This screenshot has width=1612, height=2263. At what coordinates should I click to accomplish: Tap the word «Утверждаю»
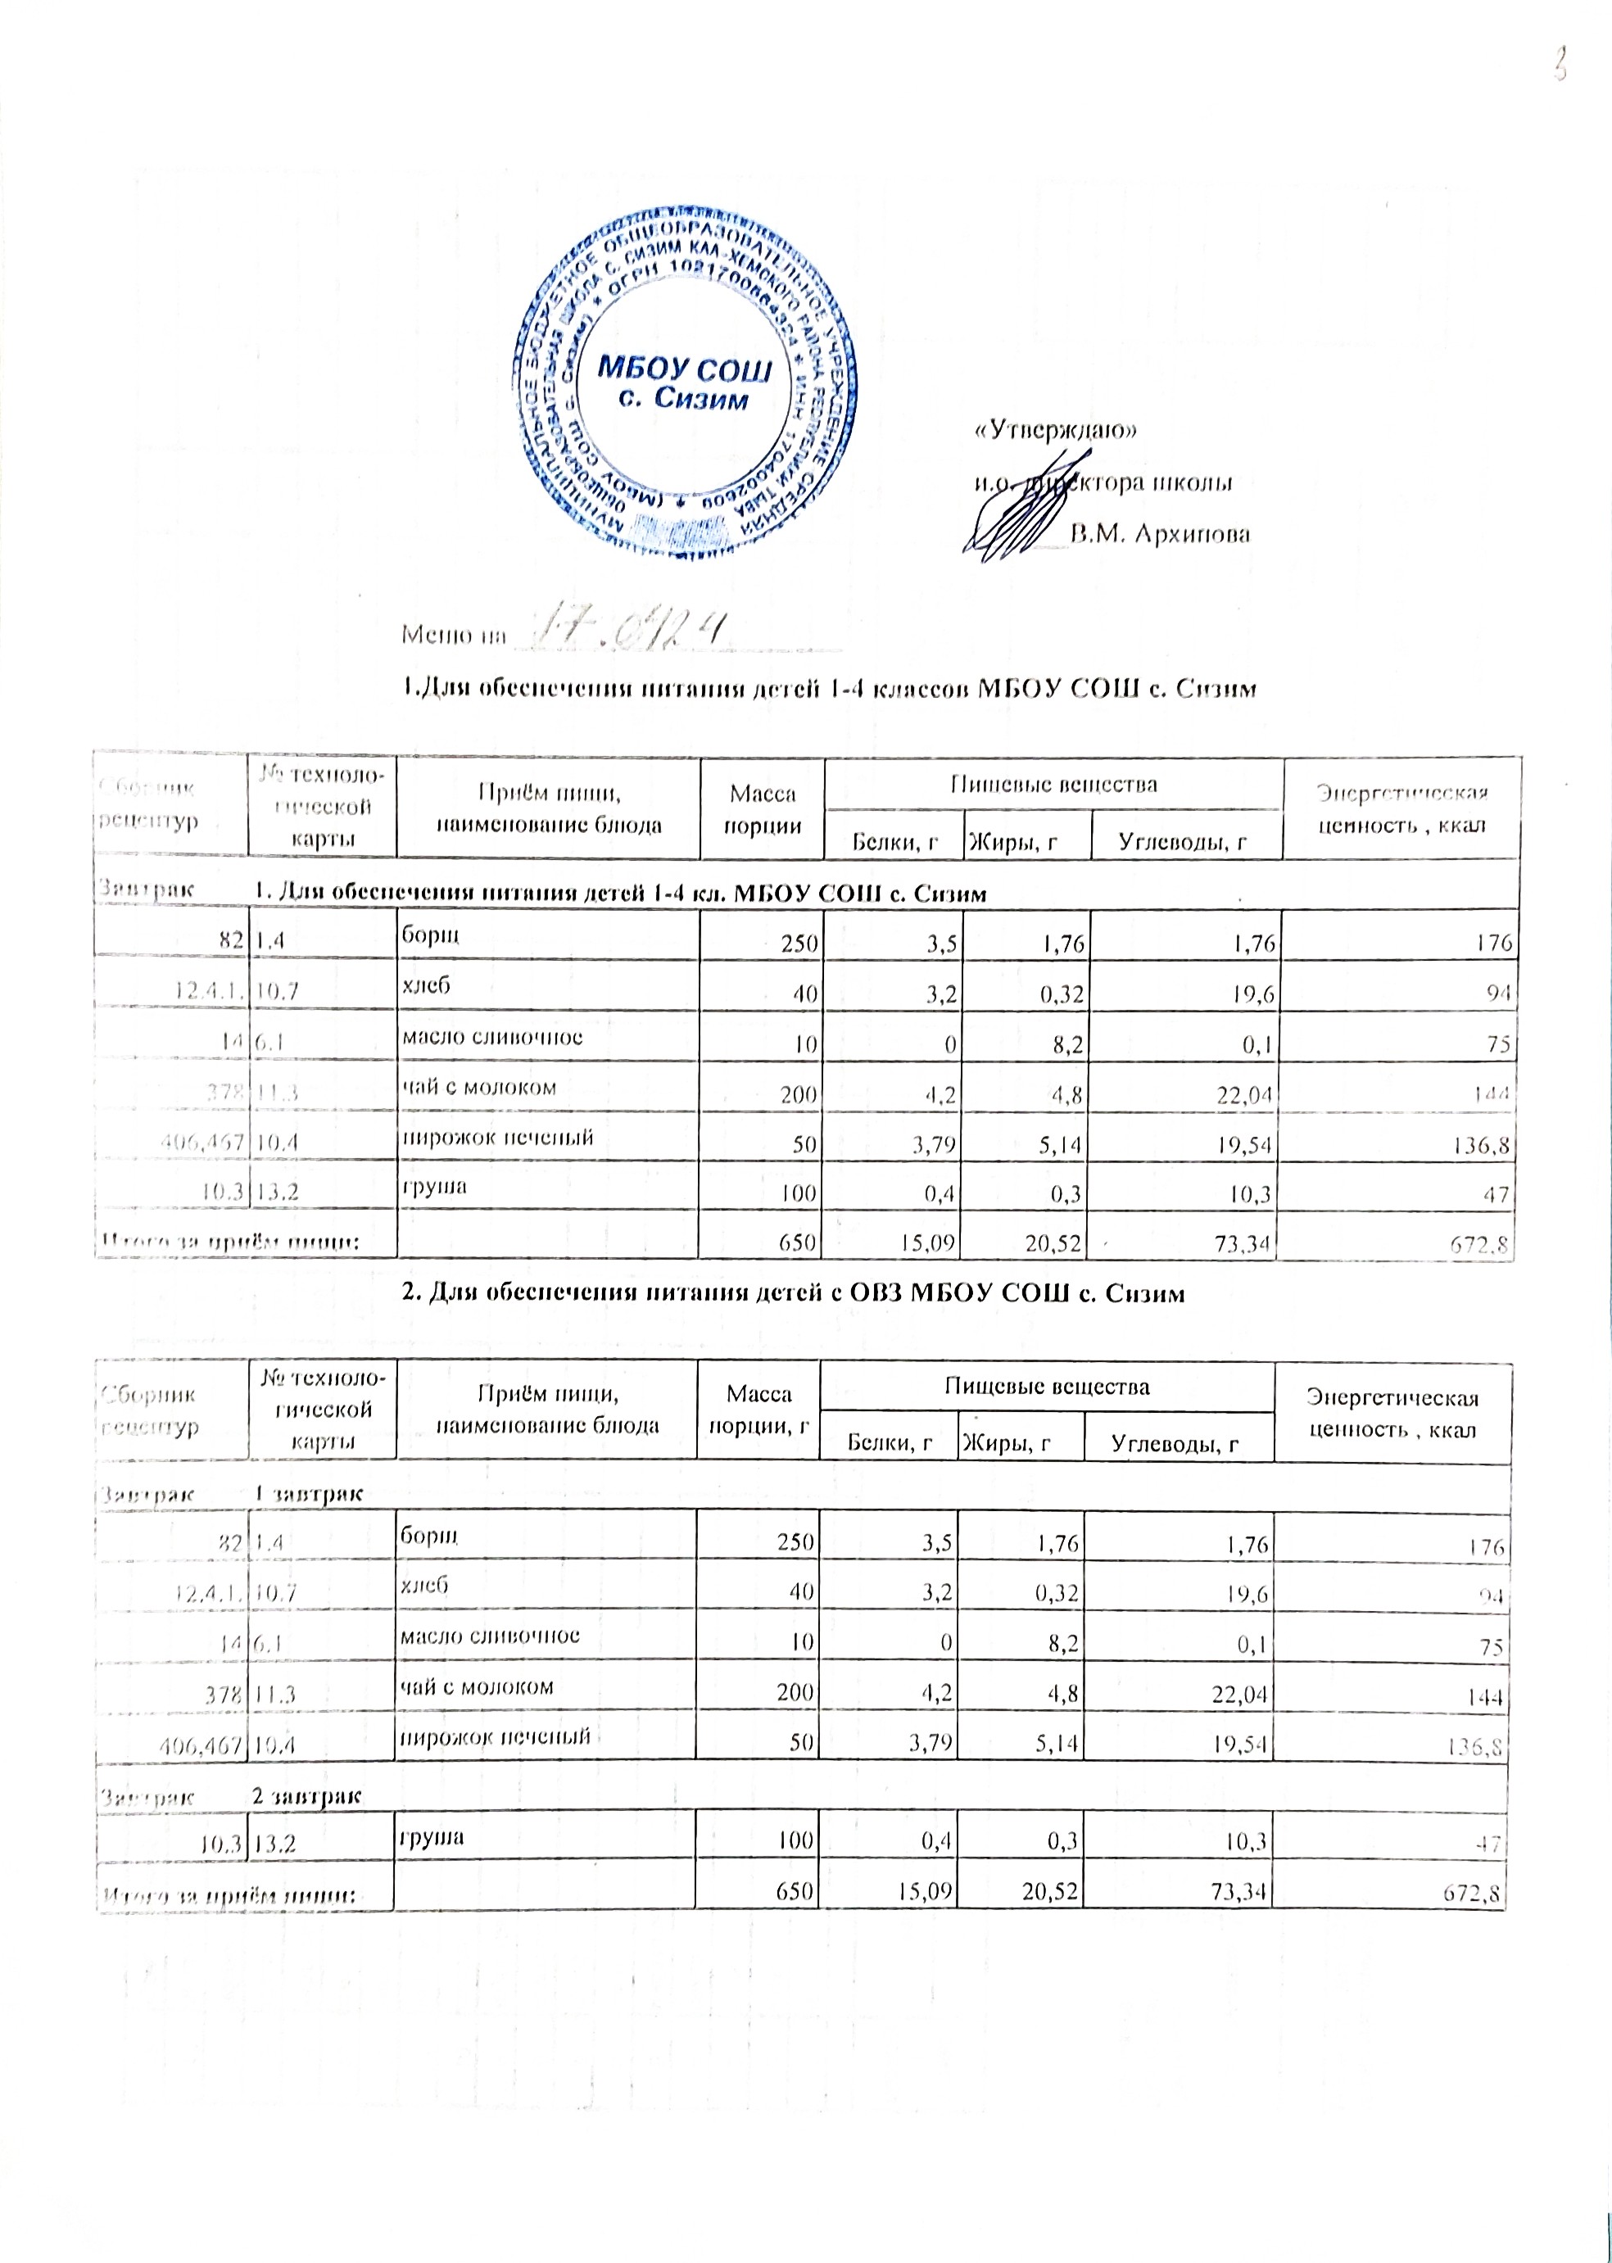click(1054, 431)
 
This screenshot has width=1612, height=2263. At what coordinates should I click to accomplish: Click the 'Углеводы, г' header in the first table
click(1182, 843)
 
